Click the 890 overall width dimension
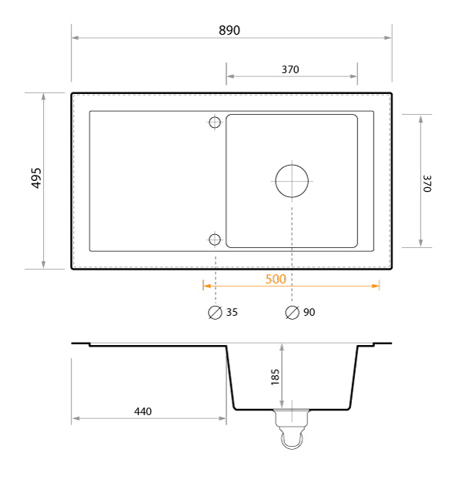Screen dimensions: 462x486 229,30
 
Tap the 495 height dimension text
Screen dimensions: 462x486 36,178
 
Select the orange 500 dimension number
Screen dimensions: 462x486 276,279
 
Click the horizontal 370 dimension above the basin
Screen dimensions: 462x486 290,69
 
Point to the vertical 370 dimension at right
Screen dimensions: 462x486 427,183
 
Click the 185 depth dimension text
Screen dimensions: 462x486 275,377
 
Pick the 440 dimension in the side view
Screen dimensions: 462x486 143,411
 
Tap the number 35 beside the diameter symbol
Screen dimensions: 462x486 232,312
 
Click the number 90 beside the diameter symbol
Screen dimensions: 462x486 310,312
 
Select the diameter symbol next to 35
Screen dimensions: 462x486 215,313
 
